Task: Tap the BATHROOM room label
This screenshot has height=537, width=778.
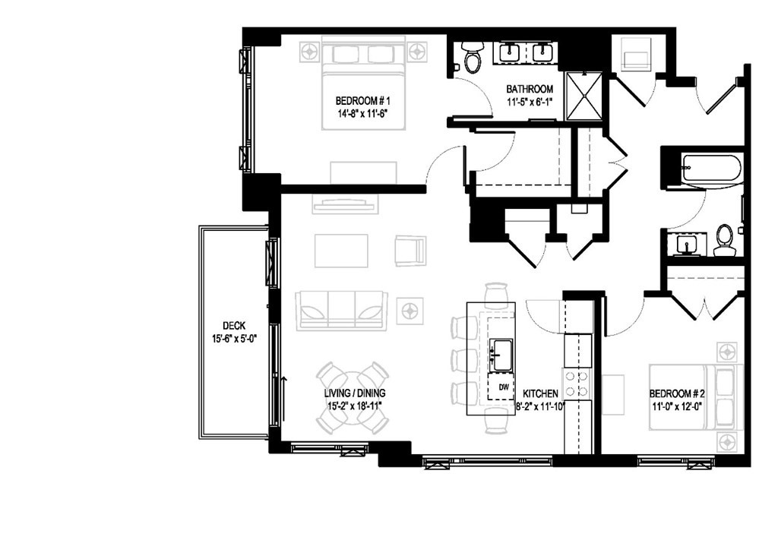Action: (x=530, y=89)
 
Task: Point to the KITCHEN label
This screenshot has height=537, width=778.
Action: (x=541, y=393)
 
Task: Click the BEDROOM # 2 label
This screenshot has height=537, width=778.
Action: (x=678, y=393)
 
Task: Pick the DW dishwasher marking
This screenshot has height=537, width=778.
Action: (x=503, y=387)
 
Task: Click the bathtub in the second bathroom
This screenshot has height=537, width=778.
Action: (x=710, y=168)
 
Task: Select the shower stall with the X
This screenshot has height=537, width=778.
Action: (x=583, y=96)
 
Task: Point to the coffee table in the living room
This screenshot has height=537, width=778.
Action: (x=341, y=251)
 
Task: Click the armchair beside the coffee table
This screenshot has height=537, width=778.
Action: (x=410, y=251)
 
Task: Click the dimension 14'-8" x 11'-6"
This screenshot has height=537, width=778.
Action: (x=362, y=115)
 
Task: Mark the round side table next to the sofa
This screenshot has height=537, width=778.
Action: (x=410, y=310)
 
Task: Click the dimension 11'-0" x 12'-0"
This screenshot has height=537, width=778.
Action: (x=678, y=406)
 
